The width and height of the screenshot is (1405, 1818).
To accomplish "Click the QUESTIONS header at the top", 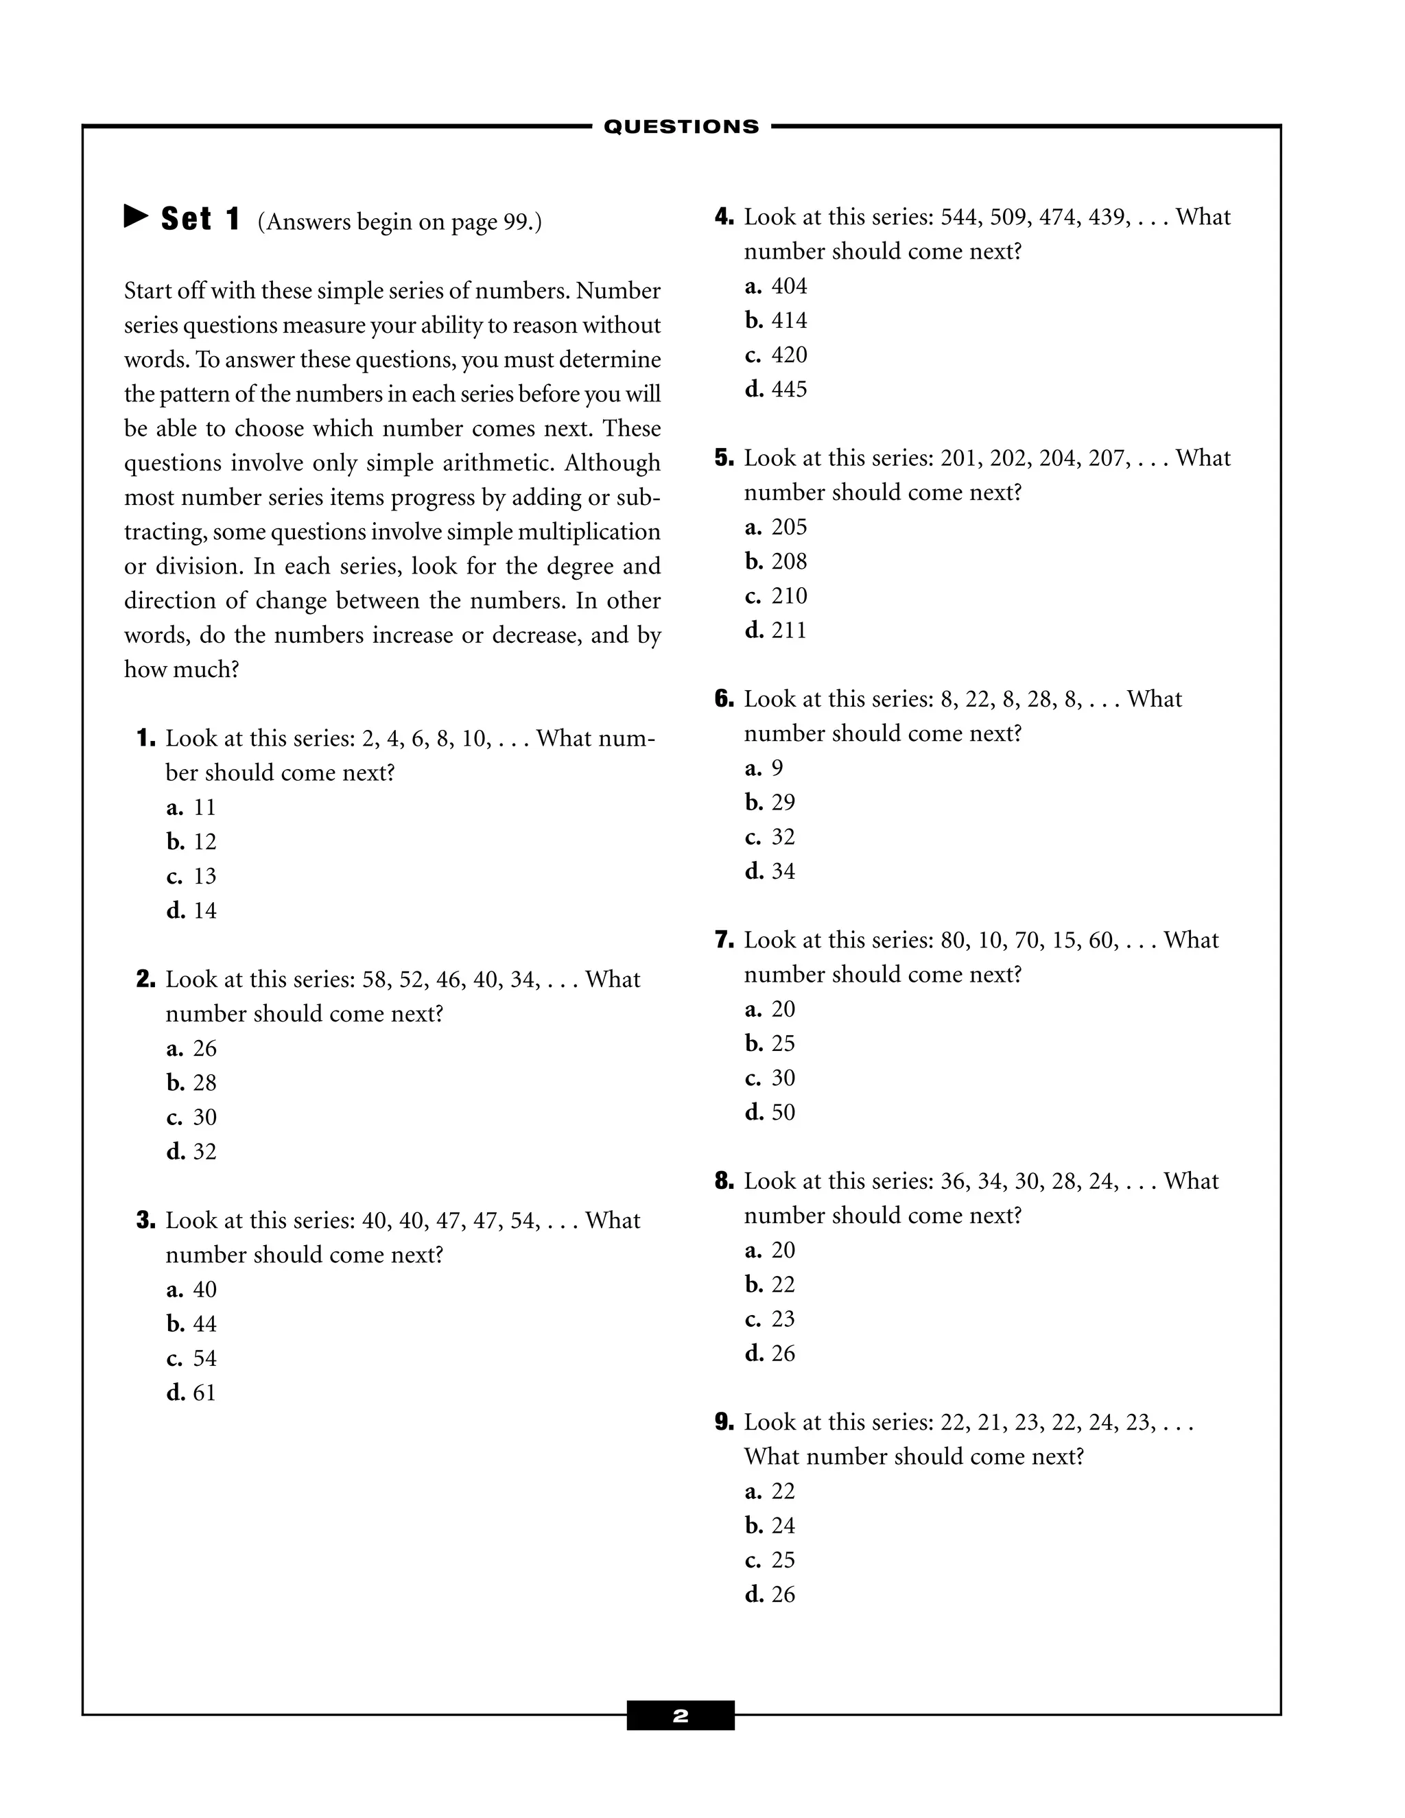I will (681, 126).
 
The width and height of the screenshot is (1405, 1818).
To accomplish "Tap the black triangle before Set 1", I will (136, 217).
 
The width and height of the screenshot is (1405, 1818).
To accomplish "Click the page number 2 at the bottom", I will (680, 1716).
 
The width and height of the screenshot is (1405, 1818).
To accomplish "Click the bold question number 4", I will (723, 217).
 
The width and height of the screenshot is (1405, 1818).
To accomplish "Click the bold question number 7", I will (723, 941).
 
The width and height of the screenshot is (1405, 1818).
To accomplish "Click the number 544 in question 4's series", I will (959, 217).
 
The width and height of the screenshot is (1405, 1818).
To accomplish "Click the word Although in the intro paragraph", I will (612, 463).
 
